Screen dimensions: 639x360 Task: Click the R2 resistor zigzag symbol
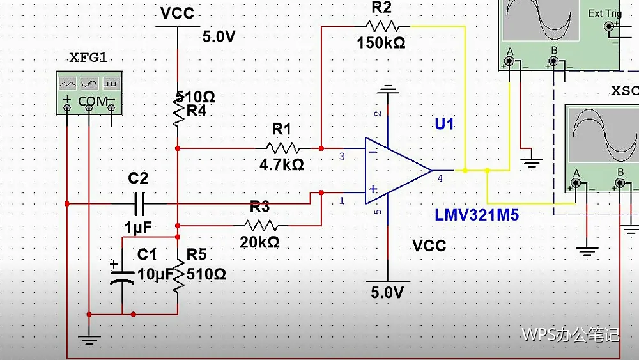[382, 26]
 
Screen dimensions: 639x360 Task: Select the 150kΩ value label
[381, 42]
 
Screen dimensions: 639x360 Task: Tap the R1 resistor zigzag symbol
[282, 148]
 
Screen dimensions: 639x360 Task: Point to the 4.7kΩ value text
[282, 165]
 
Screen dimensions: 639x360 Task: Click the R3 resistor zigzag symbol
[261, 226]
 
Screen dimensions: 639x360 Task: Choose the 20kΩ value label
[259, 242]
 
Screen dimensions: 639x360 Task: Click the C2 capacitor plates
[139, 203]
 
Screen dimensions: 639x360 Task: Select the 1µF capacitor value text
[138, 228]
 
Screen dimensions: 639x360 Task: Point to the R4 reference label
[196, 111]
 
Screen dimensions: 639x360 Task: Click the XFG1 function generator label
[88, 58]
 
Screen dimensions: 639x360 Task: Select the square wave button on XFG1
[111, 84]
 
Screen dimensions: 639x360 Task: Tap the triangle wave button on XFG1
[67, 84]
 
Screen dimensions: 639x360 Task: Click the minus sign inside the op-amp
[373, 152]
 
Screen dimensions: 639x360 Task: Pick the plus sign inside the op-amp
[373, 189]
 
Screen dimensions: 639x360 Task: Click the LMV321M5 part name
[477, 215]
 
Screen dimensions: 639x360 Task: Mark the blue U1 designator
[444, 123]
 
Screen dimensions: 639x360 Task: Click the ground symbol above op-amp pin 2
[388, 91]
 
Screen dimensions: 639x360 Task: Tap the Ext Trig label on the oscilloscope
[604, 13]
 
